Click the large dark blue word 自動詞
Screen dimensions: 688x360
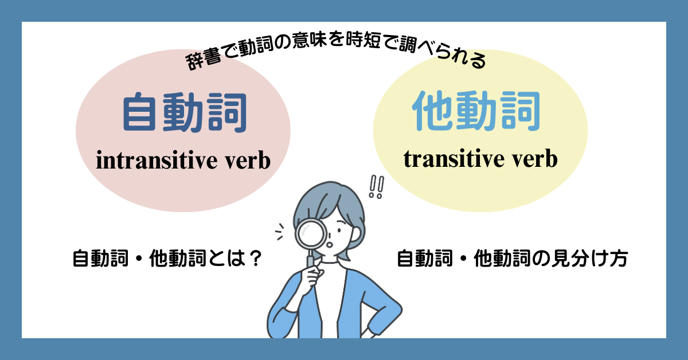tap(185, 112)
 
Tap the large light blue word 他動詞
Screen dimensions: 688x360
tap(476, 111)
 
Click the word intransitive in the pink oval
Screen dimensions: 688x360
tap(157, 160)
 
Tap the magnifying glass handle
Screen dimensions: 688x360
tap(311, 260)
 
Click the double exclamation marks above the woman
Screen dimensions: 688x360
tap(377, 187)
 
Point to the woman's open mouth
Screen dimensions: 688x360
tap(330, 245)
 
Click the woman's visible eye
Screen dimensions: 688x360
tap(339, 230)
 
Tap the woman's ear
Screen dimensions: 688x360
tap(356, 234)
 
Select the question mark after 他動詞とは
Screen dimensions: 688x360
tap(255, 259)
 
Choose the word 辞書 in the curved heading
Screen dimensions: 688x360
tap(203, 61)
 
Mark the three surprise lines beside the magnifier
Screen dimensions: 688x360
tap(280, 232)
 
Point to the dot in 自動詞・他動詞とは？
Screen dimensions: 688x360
tap(139, 259)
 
